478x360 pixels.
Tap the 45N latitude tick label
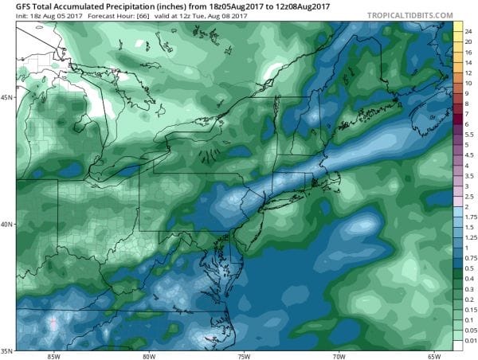tap(7, 97)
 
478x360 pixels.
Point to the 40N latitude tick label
tap(7, 224)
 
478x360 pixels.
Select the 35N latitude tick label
tap(7, 350)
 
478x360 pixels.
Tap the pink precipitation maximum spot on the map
tap(53, 323)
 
